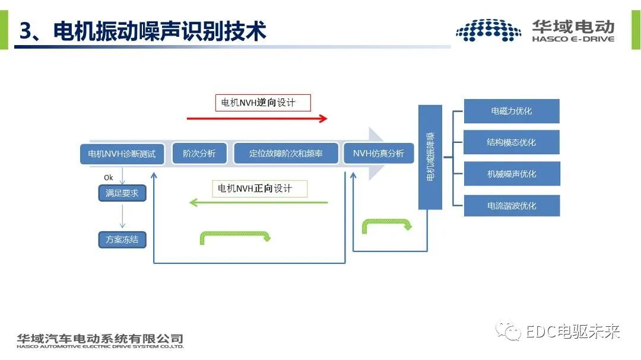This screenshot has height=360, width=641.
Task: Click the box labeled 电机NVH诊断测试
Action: click(x=122, y=154)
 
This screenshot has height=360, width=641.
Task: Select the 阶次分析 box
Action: click(x=199, y=154)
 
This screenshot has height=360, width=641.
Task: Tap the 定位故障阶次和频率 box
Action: click(x=286, y=154)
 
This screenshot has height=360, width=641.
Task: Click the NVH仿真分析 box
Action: click(x=378, y=154)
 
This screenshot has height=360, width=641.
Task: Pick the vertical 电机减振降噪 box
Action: click(x=430, y=157)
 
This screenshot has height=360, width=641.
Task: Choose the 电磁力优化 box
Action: click(x=511, y=111)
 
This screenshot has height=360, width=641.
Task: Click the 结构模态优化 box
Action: click(x=511, y=142)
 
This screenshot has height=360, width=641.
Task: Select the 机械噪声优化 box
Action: click(x=511, y=174)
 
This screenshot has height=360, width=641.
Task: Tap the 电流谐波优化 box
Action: click(x=511, y=206)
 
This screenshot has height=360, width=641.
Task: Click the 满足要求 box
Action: click(x=122, y=193)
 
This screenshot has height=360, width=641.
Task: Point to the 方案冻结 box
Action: click(x=122, y=240)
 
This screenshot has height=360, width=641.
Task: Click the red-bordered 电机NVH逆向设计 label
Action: click(x=262, y=103)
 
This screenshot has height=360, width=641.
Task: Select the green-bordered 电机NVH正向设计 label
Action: click(x=260, y=189)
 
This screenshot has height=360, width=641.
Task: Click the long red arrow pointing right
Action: click(x=257, y=119)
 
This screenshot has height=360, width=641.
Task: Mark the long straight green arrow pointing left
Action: click(x=258, y=203)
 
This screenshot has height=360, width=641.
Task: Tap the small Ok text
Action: click(x=108, y=177)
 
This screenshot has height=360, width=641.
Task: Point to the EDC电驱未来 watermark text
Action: click(x=572, y=331)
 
